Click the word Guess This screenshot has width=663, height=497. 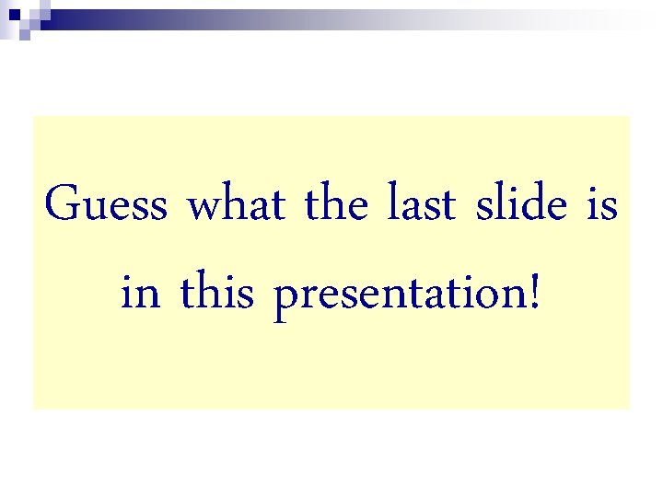[106, 204]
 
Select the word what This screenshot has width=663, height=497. [236, 204]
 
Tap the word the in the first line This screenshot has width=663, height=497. [336, 204]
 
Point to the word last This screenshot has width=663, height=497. [421, 204]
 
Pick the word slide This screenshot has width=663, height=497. [521, 204]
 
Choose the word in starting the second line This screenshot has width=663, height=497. [140, 294]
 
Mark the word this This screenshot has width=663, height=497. [217, 294]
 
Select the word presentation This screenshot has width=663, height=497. [401, 296]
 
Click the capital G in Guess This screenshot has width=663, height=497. [61, 204]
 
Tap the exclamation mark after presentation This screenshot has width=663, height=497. [536, 294]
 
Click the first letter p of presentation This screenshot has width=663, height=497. [286, 298]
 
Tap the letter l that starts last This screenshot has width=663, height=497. [393, 202]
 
